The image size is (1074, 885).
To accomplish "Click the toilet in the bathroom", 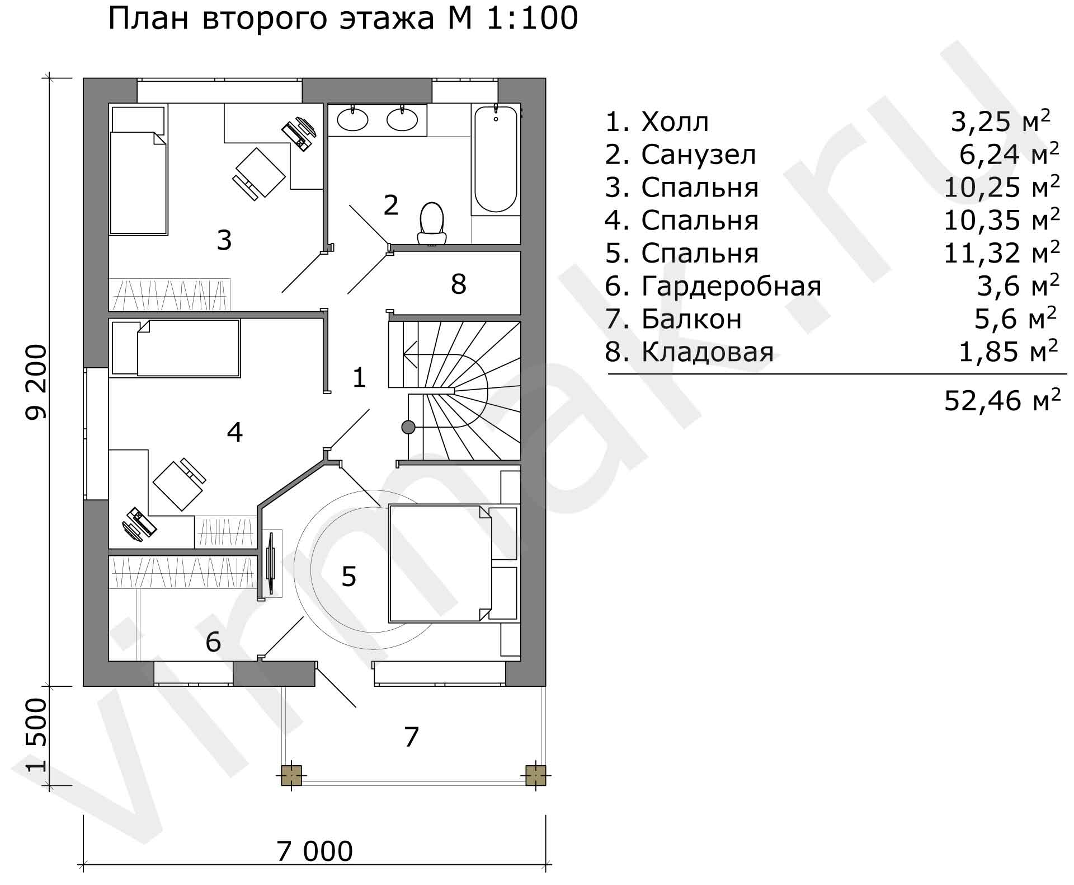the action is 432,224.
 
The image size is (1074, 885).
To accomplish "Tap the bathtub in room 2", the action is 496,160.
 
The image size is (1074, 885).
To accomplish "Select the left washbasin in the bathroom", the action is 352,119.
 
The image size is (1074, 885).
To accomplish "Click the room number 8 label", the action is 458,284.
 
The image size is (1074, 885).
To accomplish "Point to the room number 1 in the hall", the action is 359,378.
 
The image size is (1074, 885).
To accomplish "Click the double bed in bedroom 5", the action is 440,563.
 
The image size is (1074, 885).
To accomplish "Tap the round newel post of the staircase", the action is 408,427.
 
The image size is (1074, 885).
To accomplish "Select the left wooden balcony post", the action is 291,775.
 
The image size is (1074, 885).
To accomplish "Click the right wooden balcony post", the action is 535,775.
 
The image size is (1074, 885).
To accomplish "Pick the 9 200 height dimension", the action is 37,382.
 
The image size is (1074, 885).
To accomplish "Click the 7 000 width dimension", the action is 315,851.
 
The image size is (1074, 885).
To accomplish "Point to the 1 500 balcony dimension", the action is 37,735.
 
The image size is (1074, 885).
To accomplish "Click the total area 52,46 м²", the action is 1002,400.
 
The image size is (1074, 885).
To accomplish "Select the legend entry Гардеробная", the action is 732,286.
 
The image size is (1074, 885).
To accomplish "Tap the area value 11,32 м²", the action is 1002,252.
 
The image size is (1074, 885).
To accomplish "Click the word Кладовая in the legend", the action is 708,352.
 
